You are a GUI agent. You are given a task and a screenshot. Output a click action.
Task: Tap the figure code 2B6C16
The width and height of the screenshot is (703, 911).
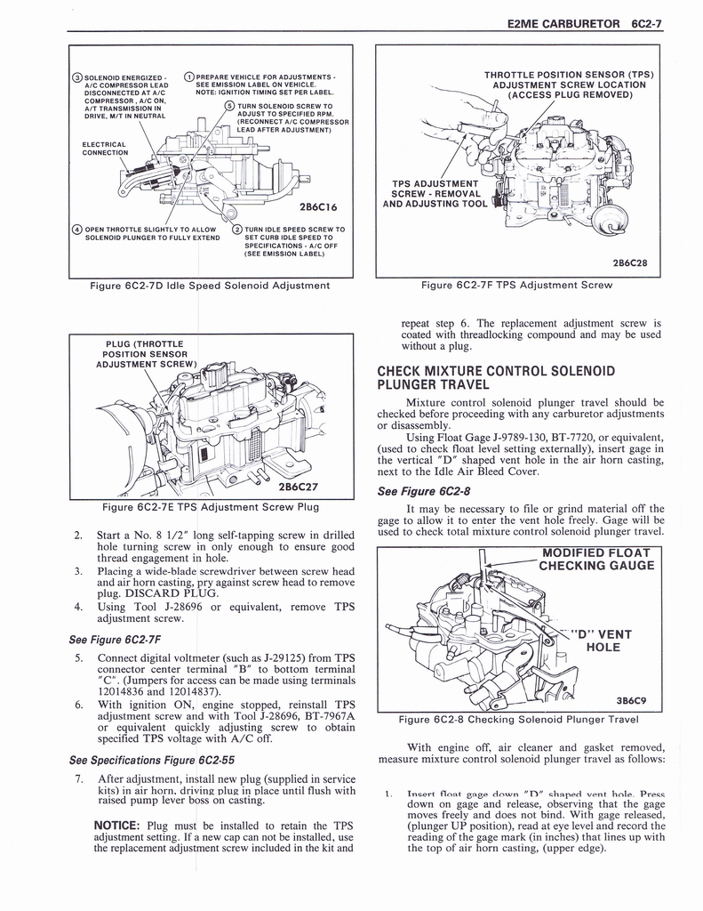point(321,207)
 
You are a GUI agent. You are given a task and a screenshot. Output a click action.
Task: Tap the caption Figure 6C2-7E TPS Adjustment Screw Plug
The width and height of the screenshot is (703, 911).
point(210,508)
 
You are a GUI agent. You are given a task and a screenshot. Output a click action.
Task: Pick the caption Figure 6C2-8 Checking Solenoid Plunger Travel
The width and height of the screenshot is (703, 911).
point(519,719)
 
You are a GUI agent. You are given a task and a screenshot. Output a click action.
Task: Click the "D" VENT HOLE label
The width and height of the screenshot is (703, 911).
point(603,641)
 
